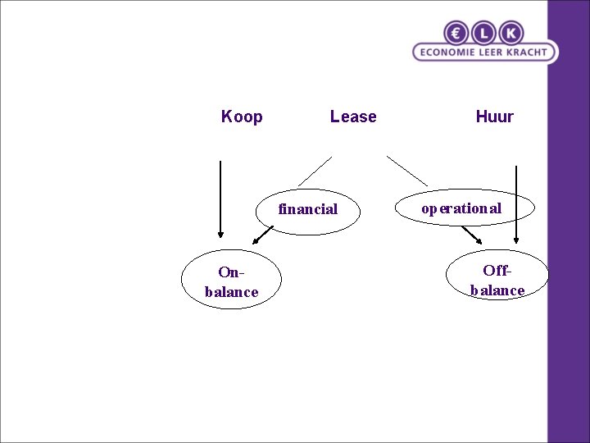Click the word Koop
pyautogui.click(x=242, y=116)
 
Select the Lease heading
pyautogui.click(x=353, y=116)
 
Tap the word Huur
pyautogui.click(x=494, y=116)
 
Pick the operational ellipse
pyautogui.click(x=465, y=208)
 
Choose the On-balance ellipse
pyautogui.click(x=231, y=281)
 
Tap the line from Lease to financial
pyautogui.click(x=315, y=171)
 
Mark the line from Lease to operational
pyautogui.click(x=407, y=170)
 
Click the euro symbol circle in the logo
pyautogui.click(x=456, y=33)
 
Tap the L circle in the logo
pyautogui.click(x=483, y=33)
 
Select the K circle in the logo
pyautogui.click(x=511, y=33)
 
